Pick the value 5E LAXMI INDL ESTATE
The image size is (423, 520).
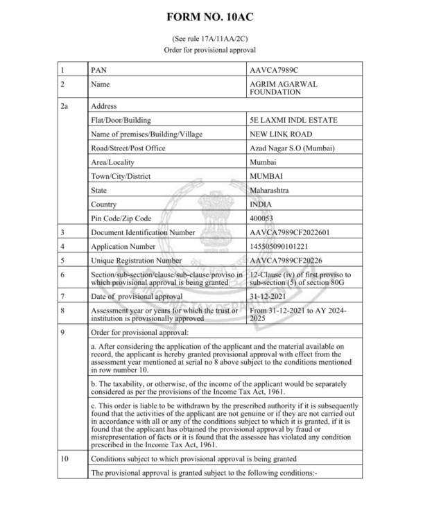293,120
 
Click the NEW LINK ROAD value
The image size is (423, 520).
280,134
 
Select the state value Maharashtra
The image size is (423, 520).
270,190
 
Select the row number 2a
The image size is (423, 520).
65,106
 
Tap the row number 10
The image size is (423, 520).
64,459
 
